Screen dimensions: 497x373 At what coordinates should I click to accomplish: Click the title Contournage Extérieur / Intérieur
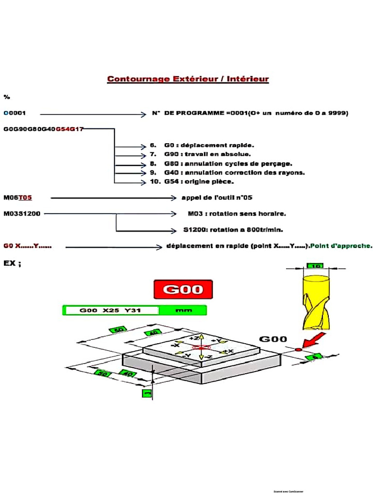187,79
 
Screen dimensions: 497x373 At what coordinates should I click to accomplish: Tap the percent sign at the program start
7,97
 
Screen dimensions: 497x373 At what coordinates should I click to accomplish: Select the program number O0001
15,113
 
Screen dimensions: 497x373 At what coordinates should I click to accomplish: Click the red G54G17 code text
69,129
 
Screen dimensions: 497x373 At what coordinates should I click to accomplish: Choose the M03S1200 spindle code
22,214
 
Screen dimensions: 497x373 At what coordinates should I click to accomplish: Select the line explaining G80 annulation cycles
228,164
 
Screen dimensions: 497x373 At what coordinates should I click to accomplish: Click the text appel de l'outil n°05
217,198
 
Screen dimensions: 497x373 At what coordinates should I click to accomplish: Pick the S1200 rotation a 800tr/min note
233,230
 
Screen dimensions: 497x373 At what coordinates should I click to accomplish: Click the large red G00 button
183,290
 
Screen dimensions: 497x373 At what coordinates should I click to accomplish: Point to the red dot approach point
299,350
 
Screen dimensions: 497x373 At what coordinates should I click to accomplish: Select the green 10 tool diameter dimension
315,266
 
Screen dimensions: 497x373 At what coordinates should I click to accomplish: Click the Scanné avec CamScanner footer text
288,491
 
